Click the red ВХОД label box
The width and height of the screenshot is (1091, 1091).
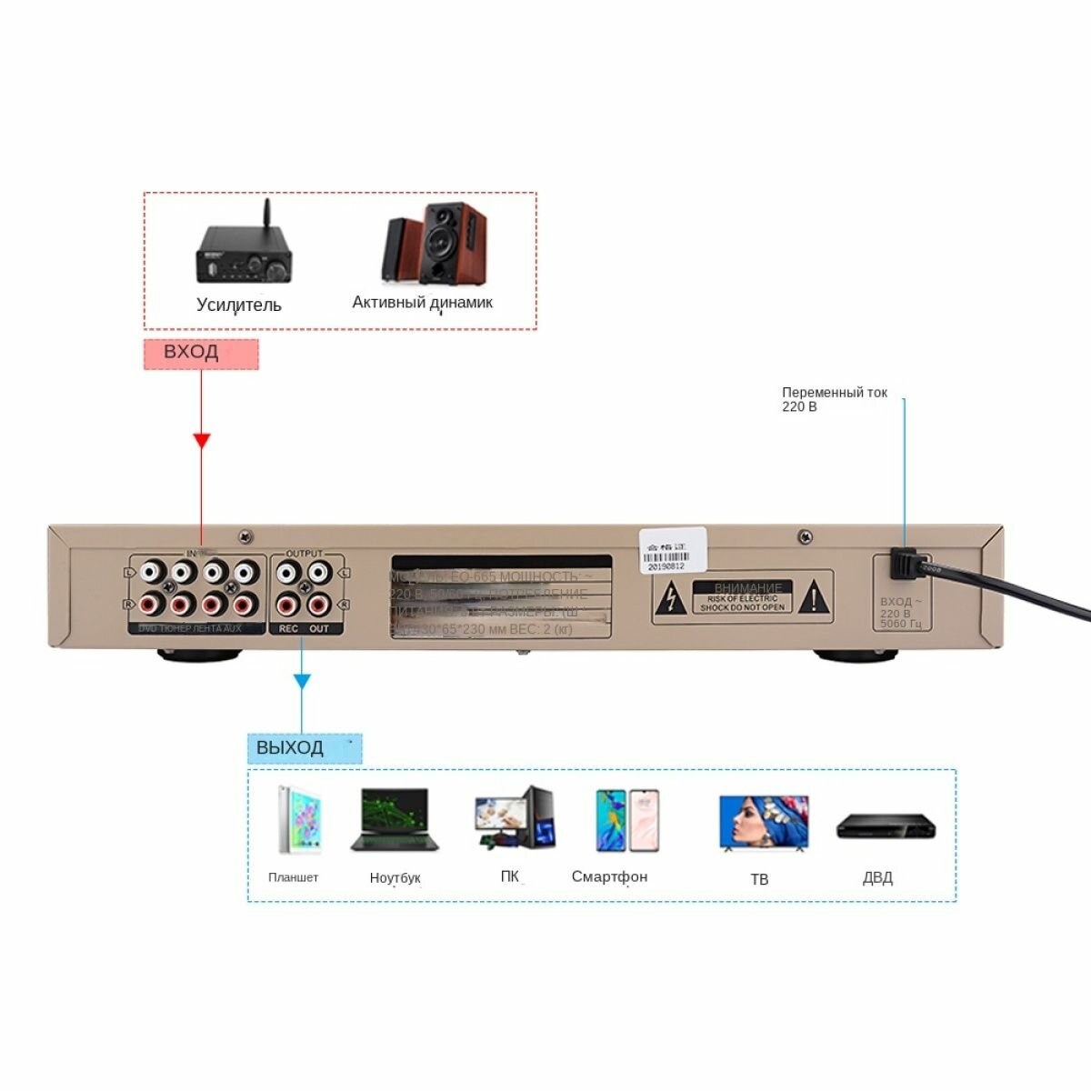[201, 354]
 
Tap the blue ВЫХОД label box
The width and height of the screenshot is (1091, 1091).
[305, 748]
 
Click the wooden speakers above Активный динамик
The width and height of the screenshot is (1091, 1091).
[435, 246]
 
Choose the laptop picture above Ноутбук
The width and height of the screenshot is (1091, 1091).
[395, 820]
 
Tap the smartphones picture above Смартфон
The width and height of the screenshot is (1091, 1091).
[627, 820]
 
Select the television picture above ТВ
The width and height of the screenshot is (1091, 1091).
[763, 823]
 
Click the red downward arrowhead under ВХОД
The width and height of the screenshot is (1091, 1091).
[202, 440]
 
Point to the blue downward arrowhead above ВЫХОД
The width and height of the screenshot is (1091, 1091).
[302, 680]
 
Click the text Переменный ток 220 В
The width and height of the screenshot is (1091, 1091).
[834, 399]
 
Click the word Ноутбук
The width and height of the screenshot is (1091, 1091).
[395, 878]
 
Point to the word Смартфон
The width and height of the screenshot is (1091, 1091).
[609, 876]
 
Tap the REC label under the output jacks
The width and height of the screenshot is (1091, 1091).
[288, 628]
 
